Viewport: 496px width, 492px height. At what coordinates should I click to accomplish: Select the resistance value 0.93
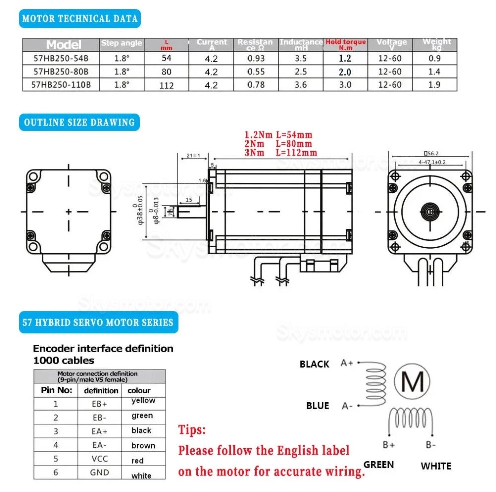[x=256, y=59]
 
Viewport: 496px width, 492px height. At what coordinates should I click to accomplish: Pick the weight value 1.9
[x=434, y=85]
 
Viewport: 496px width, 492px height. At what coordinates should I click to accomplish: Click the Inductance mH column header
[x=301, y=44]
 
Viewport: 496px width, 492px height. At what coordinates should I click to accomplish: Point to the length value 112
[x=166, y=86]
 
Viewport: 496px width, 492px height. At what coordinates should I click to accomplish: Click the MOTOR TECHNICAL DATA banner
[x=80, y=19]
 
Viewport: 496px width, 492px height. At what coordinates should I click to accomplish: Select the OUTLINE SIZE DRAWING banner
[x=79, y=122]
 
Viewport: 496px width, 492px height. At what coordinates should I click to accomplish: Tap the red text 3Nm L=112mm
[x=281, y=152]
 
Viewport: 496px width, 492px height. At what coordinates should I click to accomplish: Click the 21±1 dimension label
[x=193, y=156]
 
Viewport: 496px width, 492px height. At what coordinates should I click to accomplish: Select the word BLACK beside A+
[x=314, y=364]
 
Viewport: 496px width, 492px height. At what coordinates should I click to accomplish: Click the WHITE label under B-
[x=436, y=466]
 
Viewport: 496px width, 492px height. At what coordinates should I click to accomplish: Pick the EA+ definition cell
[x=100, y=431]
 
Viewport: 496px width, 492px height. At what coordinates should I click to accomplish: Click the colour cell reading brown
[x=143, y=446]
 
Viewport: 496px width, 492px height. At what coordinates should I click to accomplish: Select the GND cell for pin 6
[x=99, y=473]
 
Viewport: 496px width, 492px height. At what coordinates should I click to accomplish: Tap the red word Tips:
[x=192, y=430]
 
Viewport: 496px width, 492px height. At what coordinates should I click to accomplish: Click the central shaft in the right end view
[x=431, y=211]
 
